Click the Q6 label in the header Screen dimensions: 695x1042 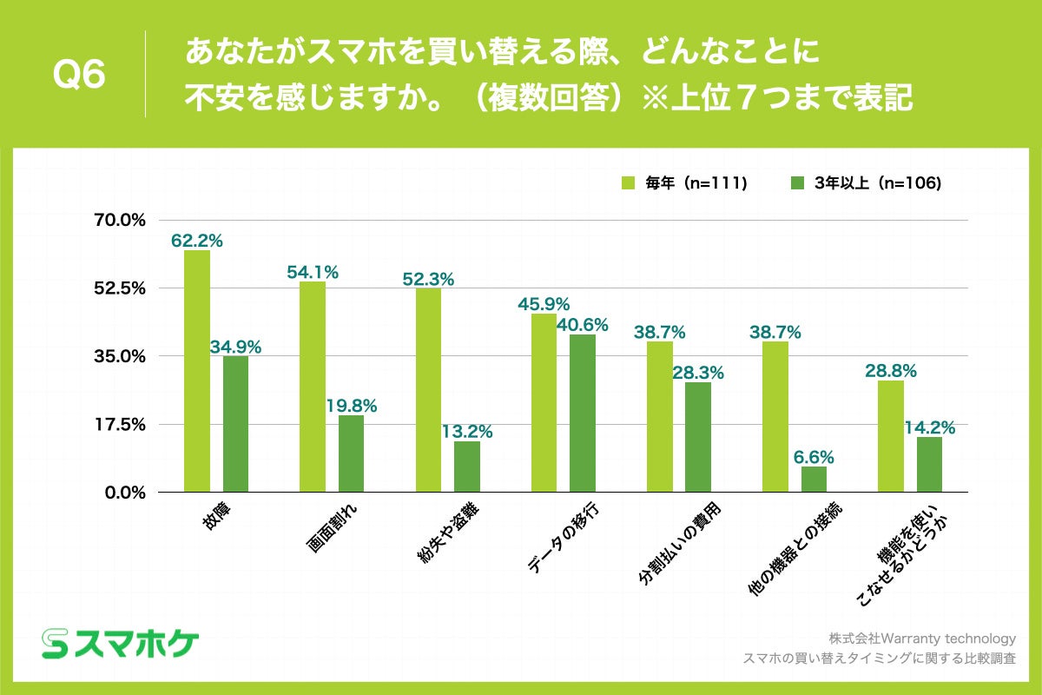click(79, 75)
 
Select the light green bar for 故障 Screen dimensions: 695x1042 click(197, 371)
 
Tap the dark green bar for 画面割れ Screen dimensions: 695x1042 click(351, 453)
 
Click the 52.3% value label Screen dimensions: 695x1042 click(428, 279)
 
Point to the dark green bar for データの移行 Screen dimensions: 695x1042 click(583, 413)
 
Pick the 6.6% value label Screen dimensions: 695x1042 click(814, 456)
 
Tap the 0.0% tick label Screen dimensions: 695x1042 click(124, 493)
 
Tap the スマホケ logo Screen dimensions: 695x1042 click(121, 644)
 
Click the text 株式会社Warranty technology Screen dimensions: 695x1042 click(921, 639)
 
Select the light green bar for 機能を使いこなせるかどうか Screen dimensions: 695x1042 click(891, 436)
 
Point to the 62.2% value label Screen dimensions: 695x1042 click(196, 241)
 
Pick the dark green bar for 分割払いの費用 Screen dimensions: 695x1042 click(698, 437)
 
